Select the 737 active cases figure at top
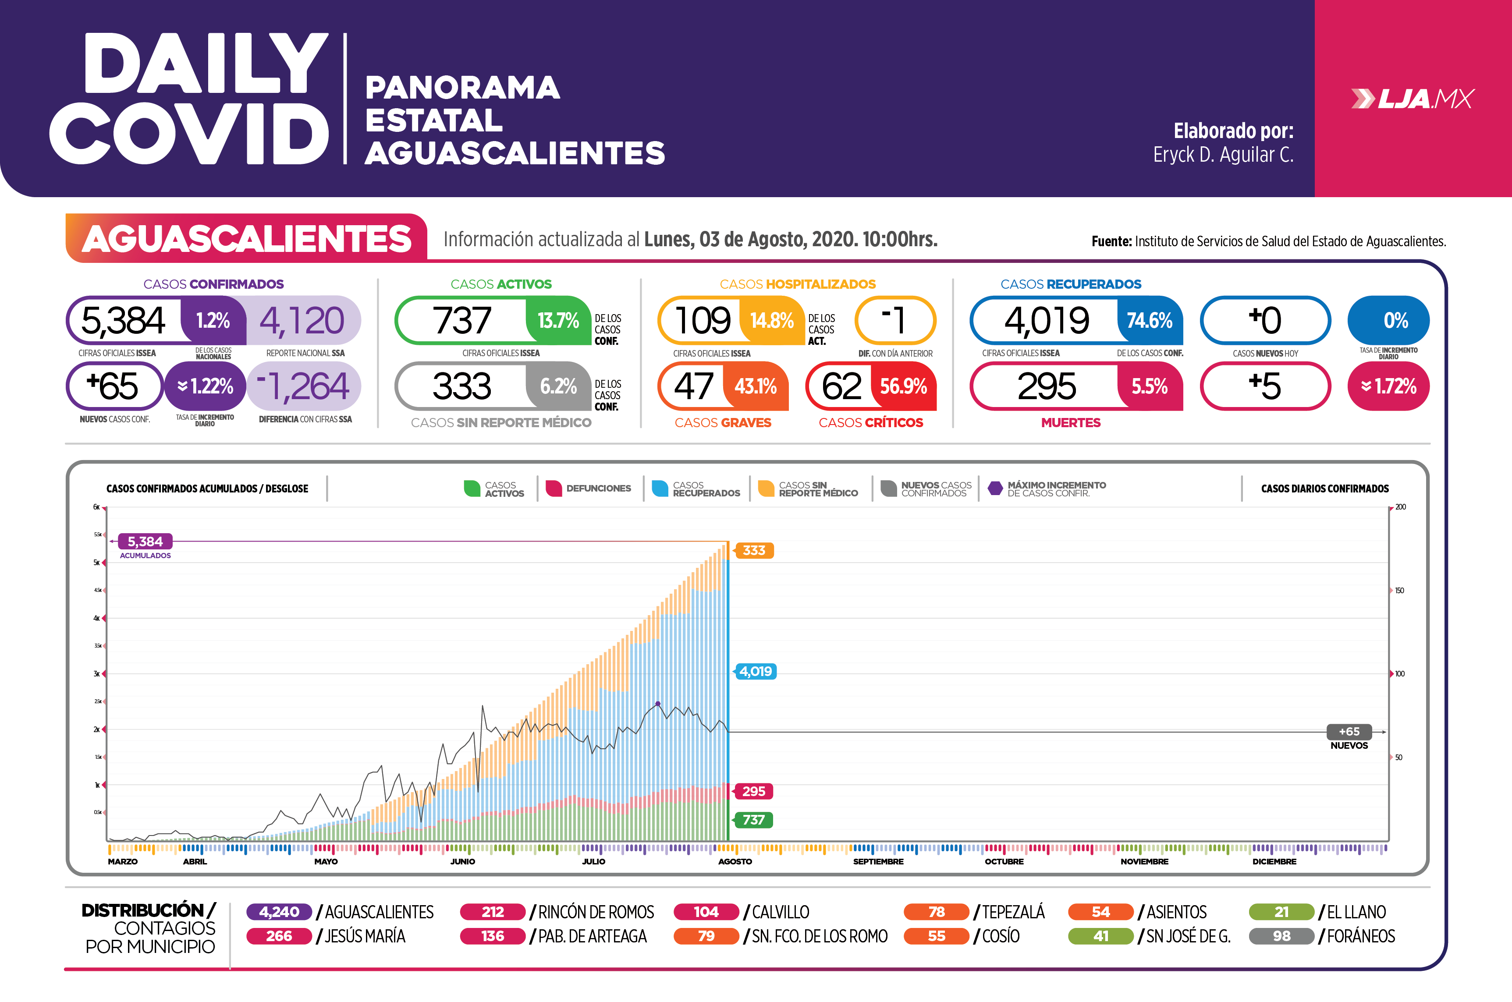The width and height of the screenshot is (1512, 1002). click(462, 320)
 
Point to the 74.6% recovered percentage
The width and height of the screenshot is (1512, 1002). click(1149, 320)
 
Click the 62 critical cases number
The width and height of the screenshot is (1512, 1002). click(841, 386)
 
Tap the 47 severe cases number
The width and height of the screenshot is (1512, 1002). click(693, 386)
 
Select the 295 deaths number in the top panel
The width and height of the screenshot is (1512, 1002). click(1047, 386)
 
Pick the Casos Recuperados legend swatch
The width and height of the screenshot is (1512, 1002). click(660, 488)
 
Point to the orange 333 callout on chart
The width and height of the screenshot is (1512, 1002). click(754, 551)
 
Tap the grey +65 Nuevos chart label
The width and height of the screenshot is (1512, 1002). click(1349, 732)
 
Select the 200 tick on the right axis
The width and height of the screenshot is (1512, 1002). click(1400, 507)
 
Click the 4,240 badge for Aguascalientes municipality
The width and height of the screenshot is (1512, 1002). click(279, 912)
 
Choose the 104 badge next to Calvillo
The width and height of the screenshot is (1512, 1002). click(706, 912)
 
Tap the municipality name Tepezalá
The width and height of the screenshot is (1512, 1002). click(1013, 912)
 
